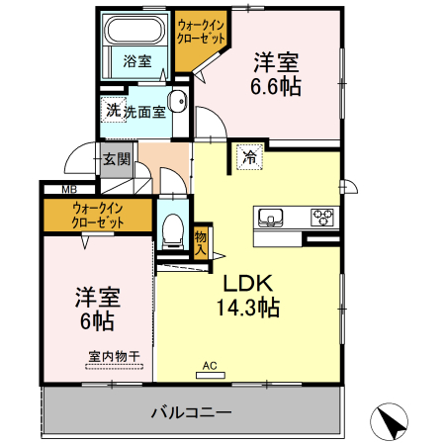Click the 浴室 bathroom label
coord(137,61)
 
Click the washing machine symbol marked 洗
coord(113,111)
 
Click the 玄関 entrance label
coord(115,157)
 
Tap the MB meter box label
coord(69,189)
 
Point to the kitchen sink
coord(270,217)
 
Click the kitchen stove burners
coord(322,217)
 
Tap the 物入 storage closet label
coord(201,241)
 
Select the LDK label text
coord(245,281)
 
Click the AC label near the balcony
coord(209,365)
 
